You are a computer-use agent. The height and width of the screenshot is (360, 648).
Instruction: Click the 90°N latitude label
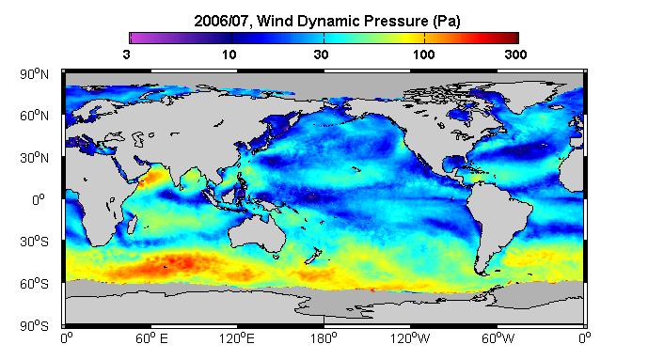point(34,74)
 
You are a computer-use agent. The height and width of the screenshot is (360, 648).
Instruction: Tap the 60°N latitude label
point(34,116)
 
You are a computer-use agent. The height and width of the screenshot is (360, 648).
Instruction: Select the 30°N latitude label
point(34,158)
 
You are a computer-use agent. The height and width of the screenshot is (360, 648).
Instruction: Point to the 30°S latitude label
point(34,242)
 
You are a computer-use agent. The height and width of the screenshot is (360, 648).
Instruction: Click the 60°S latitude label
point(34,284)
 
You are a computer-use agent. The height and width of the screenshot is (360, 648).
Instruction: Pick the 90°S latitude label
point(34,326)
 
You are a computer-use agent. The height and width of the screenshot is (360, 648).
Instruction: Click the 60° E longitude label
point(151,338)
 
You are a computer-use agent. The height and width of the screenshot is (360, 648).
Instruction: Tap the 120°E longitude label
point(237,338)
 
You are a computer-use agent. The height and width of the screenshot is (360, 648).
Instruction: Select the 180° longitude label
point(324,338)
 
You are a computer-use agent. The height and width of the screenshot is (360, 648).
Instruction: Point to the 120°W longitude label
point(410,338)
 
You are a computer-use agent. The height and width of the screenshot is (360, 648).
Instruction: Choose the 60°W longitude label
point(498,338)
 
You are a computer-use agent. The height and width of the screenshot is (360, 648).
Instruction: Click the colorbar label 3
point(126,55)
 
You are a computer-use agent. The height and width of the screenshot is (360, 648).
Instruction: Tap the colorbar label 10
point(229,55)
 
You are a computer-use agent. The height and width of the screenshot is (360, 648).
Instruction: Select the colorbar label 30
point(321,55)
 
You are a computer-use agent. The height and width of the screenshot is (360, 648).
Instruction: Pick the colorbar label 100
point(423,55)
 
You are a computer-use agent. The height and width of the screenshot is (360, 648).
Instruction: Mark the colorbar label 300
point(515,55)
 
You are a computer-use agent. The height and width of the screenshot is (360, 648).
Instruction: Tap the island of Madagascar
point(132,224)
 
